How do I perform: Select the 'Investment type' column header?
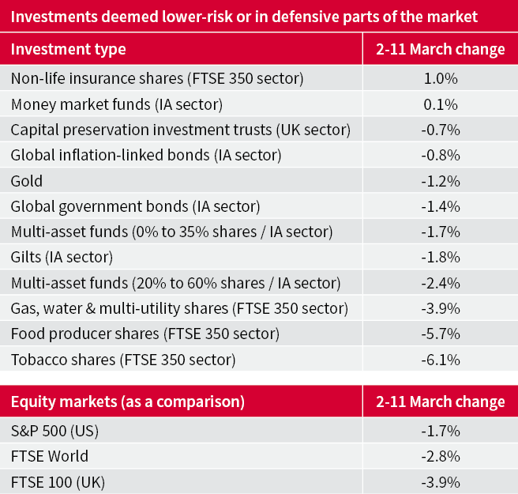[x=68, y=49]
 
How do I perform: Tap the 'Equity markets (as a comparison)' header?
[x=127, y=402]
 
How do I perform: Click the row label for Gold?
[x=27, y=181]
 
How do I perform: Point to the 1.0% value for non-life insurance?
[x=441, y=79]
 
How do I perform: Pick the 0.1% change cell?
[x=441, y=104]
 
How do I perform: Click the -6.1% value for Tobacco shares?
[x=441, y=360]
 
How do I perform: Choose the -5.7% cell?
[x=441, y=334]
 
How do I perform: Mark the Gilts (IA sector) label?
[x=62, y=258]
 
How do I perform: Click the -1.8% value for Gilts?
[x=441, y=258]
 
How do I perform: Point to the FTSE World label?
[x=50, y=457]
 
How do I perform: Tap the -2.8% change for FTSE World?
[x=441, y=457]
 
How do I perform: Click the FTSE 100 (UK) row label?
[x=58, y=481]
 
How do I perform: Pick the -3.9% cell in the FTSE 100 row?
[x=441, y=481]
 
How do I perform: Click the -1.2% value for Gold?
[x=441, y=181]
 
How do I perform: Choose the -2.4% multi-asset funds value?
[x=441, y=283]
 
